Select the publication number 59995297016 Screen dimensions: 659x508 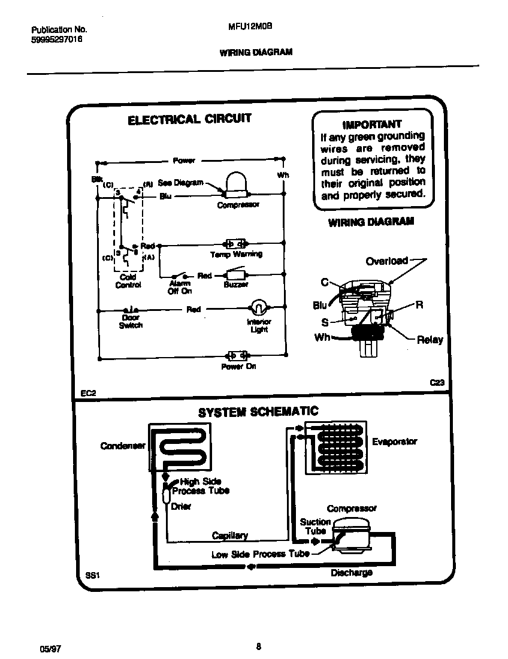(x=56, y=39)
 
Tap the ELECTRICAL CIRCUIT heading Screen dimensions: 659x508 (x=189, y=119)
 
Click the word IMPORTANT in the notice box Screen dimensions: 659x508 (x=371, y=125)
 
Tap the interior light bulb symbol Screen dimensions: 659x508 (x=258, y=308)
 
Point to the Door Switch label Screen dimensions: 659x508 (x=130, y=322)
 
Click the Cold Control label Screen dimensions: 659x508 (x=128, y=282)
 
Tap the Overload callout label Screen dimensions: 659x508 (x=387, y=261)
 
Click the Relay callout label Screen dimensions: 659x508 (x=430, y=340)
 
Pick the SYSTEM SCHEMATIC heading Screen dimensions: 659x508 (x=258, y=412)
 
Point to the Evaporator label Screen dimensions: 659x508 (x=394, y=442)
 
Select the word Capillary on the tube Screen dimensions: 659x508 (x=229, y=536)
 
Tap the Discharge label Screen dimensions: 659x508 (x=352, y=573)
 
